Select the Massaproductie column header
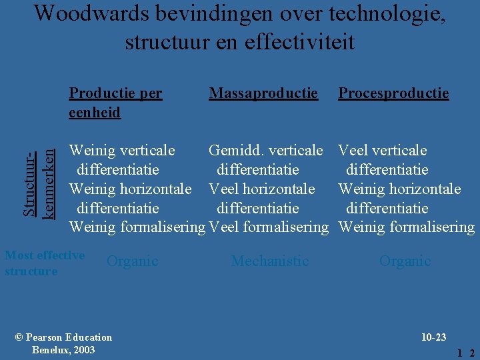[263, 93]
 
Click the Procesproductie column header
[393, 93]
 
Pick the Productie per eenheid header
[115, 103]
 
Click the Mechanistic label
[269, 261]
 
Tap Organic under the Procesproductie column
[405, 261]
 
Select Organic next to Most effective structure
[132, 261]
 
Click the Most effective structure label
[44, 263]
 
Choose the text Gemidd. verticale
[265, 151]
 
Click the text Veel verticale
[383, 151]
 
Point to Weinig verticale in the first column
[122, 151]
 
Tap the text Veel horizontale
[261, 189]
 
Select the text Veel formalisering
[269, 228]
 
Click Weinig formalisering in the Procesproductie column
[407, 228]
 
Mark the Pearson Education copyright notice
[63, 343]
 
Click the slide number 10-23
[434, 338]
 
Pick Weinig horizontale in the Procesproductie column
[399, 189]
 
